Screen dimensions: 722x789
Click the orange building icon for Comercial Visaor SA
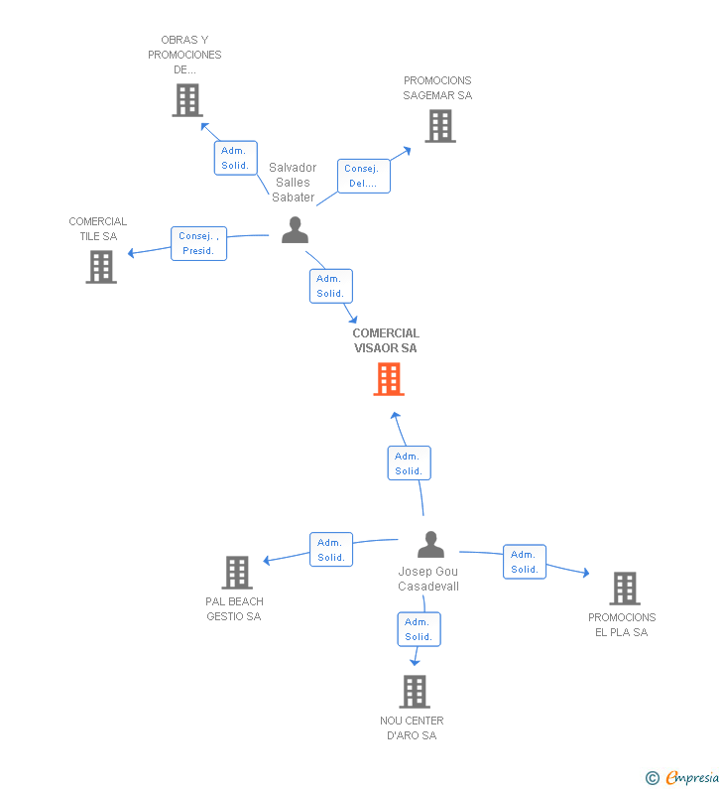pyautogui.click(x=389, y=379)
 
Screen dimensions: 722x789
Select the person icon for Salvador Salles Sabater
pyautogui.click(x=296, y=230)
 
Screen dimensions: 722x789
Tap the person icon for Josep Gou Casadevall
pyautogui.click(x=430, y=545)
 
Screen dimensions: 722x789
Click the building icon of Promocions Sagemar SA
pyautogui.click(x=440, y=126)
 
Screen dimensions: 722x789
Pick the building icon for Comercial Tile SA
pyautogui.click(x=101, y=267)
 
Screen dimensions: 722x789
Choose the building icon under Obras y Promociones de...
pyautogui.click(x=187, y=100)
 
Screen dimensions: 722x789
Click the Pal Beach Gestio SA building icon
pyautogui.click(x=237, y=573)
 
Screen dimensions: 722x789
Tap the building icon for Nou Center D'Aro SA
pyautogui.click(x=415, y=692)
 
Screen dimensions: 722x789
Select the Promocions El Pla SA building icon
pyautogui.click(x=625, y=589)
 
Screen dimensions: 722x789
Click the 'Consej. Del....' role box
pyautogui.click(x=364, y=176)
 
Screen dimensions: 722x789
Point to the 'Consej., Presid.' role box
pyautogui.click(x=199, y=243)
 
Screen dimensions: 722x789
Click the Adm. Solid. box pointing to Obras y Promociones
pyautogui.click(x=236, y=158)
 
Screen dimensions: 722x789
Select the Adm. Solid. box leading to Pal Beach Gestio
pyautogui.click(x=331, y=550)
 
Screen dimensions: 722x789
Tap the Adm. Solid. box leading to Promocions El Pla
pyautogui.click(x=525, y=562)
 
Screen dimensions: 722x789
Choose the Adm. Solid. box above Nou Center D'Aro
pyautogui.click(x=420, y=629)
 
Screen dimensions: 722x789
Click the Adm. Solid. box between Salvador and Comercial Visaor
pyautogui.click(x=331, y=286)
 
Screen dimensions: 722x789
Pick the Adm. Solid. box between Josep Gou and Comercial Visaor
pyautogui.click(x=410, y=462)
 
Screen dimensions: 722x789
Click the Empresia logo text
pyautogui.click(x=692, y=777)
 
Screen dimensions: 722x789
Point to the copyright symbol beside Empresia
pyautogui.click(x=653, y=778)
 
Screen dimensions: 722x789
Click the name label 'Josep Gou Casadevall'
pyautogui.click(x=428, y=579)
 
